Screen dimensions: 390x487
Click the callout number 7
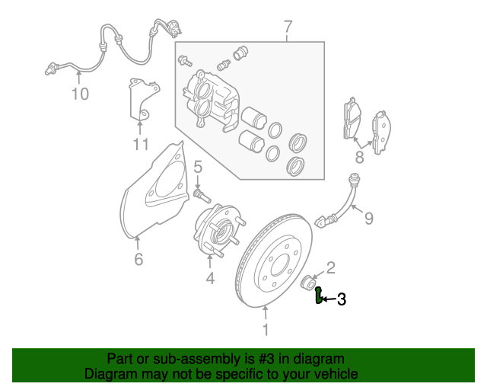click(x=288, y=27)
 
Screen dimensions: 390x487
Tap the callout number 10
click(x=80, y=94)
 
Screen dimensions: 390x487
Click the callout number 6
click(x=138, y=260)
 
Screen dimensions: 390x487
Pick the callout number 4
click(x=210, y=280)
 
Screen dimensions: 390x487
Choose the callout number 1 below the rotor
click(x=266, y=329)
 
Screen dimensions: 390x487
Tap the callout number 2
click(x=330, y=266)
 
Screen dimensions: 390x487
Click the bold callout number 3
click(x=342, y=299)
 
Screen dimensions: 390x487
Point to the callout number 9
click(x=368, y=219)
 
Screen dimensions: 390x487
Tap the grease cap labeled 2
click(x=310, y=284)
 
